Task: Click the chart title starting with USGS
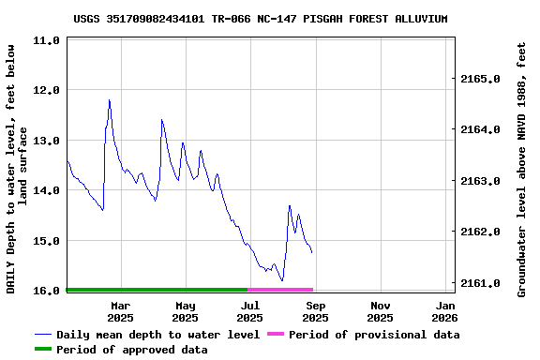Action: [x=260, y=19]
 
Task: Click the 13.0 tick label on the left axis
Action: [x=47, y=141]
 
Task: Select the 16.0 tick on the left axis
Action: [x=47, y=291]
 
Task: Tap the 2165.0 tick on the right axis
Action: [x=481, y=79]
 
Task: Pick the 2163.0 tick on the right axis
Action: [x=481, y=180]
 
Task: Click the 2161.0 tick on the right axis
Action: [x=481, y=282]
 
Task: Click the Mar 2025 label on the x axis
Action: [x=121, y=311]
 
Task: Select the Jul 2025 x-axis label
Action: [x=250, y=311]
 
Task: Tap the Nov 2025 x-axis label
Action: [x=381, y=311]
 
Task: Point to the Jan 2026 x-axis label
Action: [x=446, y=311]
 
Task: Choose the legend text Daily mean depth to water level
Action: [x=157, y=335]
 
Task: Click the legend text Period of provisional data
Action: [x=374, y=335]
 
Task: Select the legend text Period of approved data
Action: [x=132, y=350]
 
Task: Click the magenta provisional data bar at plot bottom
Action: [x=280, y=290]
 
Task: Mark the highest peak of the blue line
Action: [x=110, y=100]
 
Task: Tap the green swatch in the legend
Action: [x=43, y=350]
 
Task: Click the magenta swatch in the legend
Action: [x=276, y=335]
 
